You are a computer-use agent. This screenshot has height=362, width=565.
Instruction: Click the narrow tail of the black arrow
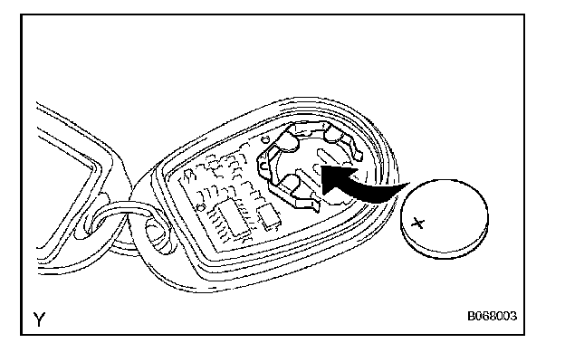(398, 186)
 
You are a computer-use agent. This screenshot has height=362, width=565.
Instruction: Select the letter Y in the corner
(39, 319)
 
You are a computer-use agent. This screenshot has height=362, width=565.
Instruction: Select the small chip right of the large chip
(268, 214)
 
